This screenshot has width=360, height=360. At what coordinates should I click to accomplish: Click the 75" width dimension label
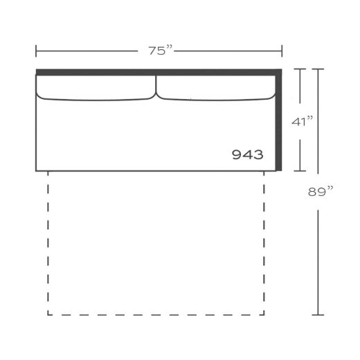coord(160,51)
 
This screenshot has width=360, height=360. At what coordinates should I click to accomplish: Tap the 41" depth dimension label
coord(302,121)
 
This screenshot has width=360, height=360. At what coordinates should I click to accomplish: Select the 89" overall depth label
coord(321,192)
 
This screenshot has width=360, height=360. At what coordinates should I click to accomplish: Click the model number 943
coord(247,154)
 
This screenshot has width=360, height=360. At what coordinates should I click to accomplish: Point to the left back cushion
coord(96,88)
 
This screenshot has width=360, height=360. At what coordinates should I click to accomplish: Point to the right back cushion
coord(216,88)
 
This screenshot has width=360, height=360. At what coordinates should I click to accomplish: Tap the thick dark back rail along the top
coord(159,72)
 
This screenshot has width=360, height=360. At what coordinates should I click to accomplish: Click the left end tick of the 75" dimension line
coord(36,51)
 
